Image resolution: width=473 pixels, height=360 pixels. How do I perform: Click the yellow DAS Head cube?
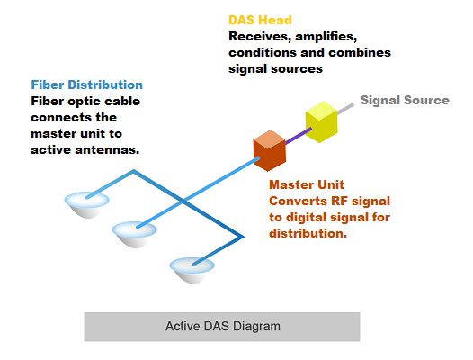(x=321, y=121)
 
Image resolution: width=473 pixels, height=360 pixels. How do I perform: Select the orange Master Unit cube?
(x=270, y=150)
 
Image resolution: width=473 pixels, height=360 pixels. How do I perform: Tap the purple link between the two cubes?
(x=299, y=135)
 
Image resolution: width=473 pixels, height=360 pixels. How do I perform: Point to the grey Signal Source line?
(x=345, y=109)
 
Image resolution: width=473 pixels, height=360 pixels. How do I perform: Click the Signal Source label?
(x=405, y=100)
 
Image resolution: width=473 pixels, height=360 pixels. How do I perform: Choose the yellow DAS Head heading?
(x=260, y=20)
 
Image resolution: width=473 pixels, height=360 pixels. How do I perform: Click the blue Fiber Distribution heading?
(x=87, y=85)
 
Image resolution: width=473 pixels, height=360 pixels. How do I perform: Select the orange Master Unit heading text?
(x=307, y=184)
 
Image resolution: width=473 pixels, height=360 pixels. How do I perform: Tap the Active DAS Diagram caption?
(x=223, y=326)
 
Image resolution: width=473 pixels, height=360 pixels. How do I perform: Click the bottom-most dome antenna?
(x=192, y=270)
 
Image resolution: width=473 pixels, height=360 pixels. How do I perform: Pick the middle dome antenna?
(x=135, y=234)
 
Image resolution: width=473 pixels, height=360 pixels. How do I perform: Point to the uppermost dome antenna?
(x=87, y=205)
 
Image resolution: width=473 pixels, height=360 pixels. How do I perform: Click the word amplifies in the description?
(x=326, y=37)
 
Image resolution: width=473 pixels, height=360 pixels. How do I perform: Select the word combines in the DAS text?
(x=360, y=52)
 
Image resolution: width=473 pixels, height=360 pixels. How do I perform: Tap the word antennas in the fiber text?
(x=107, y=149)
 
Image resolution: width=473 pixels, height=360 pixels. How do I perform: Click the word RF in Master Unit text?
(x=340, y=201)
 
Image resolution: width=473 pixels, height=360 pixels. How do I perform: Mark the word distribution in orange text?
(x=308, y=233)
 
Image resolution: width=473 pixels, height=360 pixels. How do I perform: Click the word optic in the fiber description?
(x=82, y=102)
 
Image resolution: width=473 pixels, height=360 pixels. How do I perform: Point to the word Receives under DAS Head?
(x=260, y=37)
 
